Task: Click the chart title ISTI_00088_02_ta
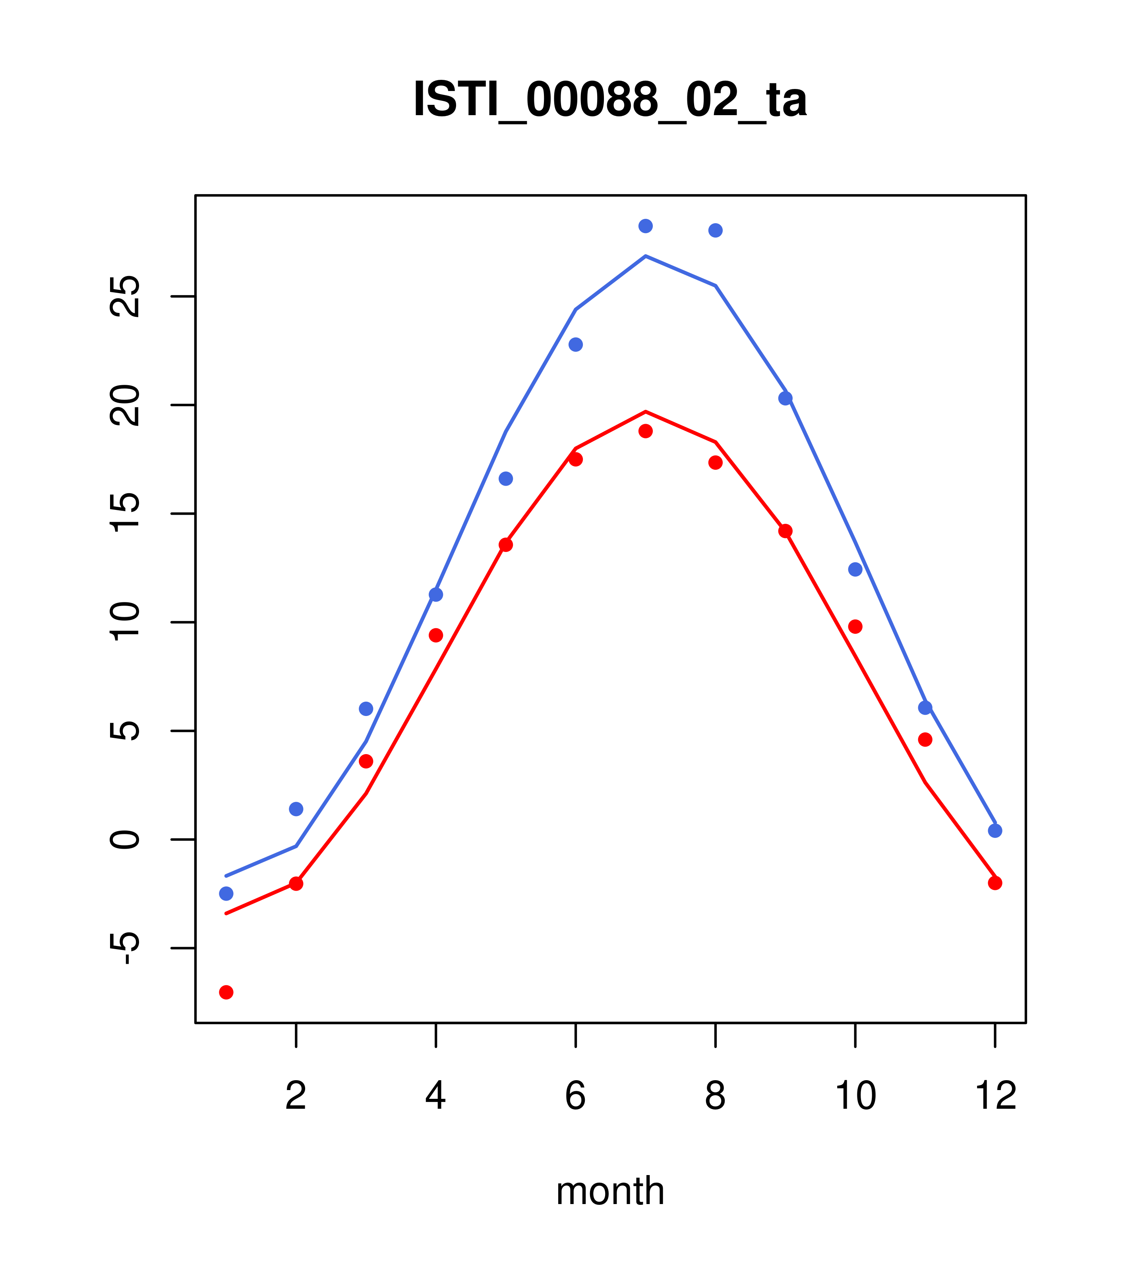(610, 100)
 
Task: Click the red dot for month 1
(226, 992)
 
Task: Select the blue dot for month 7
(645, 226)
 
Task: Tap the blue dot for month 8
(715, 230)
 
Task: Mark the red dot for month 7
(645, 431)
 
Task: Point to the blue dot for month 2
(296, 809)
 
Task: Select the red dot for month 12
(995, 883)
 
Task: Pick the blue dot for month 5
(506, 479)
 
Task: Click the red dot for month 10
(855, 627)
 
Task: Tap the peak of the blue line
(645, 256)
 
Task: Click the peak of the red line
(645, 411)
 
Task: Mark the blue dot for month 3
(366, 708)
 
